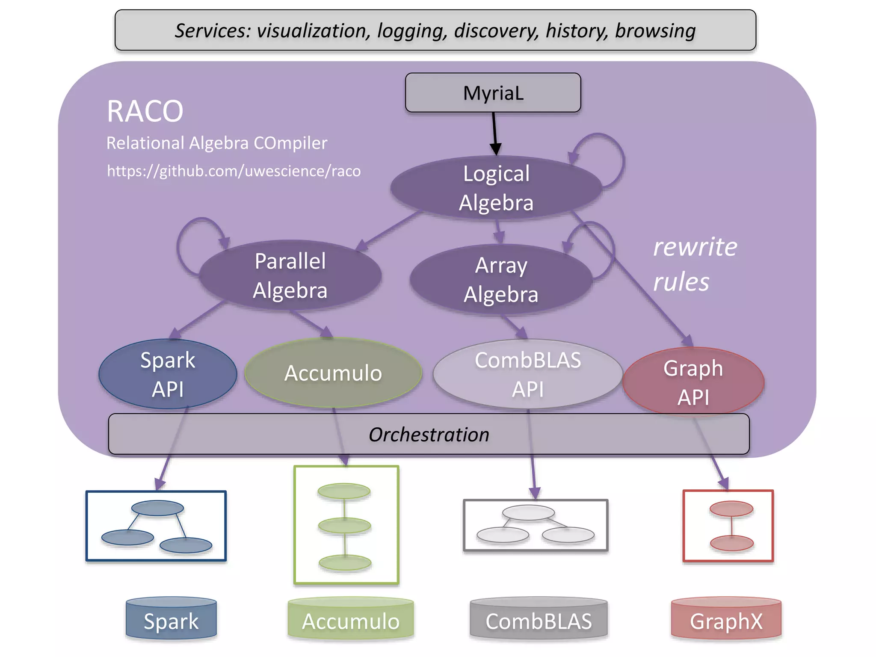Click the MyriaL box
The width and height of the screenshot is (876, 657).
click(x=493, y=93)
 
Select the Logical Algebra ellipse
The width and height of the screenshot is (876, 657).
click(x=496, y=188)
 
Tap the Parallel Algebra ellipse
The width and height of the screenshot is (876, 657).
click(x=290, y=275)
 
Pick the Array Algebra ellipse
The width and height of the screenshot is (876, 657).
click(x=501, y=280)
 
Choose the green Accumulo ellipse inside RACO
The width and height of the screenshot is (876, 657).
click(x=333, y=373)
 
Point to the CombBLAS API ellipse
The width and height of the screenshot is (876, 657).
click(x=527, y=374)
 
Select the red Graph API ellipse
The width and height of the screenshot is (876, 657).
click(x=693, y=382)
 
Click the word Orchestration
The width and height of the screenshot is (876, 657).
click(x=429, y=435)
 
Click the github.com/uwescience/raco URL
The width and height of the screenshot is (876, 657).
click(x=234, y=171)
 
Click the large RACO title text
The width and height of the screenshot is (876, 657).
click(x=145, y=111)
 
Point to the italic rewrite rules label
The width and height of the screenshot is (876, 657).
click(x=695, y=264)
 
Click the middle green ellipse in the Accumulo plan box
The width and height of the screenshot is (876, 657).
click(x=344, y=525)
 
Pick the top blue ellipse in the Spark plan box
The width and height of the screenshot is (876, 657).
click(x=157, y=508)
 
